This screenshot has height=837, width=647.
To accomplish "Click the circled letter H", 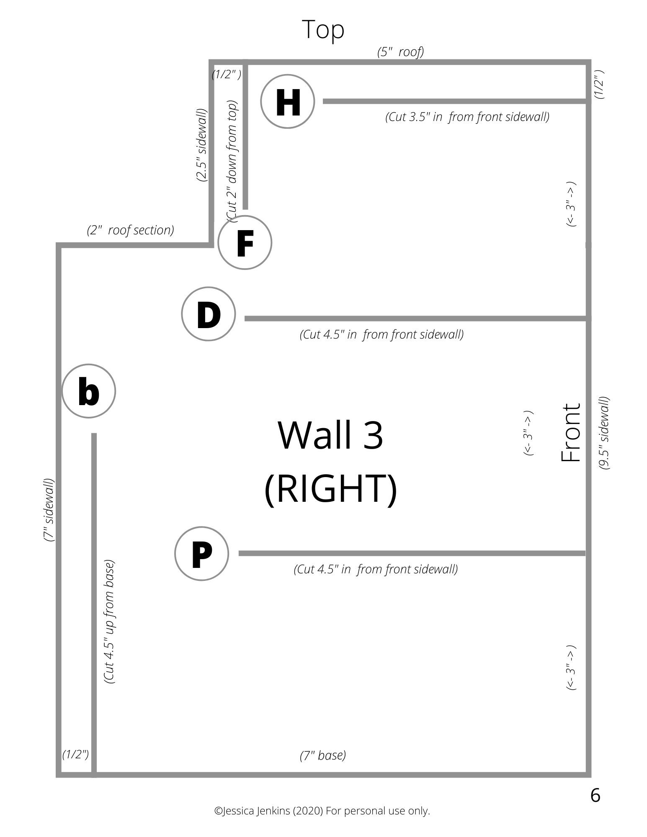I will pyautogui.click(x=287, y=102).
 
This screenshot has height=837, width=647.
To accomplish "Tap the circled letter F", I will pyautogui.click(x=245, y=243).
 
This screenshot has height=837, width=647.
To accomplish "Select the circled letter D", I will pyautogui.click(x=208, y=314).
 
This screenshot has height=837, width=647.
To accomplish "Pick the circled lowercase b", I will pyautogui.click(x=88, y=391).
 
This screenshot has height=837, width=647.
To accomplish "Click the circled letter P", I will pyautogui.click(x=201, y=554).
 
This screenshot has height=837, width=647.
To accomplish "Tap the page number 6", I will pyautogui.click(x=595, y=795).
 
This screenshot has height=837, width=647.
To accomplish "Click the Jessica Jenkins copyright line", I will pyautogui.click(x=322, y=811).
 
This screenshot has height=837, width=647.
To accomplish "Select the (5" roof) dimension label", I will pyautogui.click(x=400, y=52).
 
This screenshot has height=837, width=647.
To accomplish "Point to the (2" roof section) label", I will pyautogui.click(x=130, y=230).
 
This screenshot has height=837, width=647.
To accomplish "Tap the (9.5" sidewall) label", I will pyautogui.click(x=603, y=433).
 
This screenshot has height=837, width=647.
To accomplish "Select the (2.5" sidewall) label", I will pyautogui.click(x=202, y=145).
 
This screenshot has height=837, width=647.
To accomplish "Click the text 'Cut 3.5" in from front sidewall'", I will pyautogui.click(x=467, y=117).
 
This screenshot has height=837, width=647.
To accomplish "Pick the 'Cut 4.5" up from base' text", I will pyautogui.click(x=109, y=621).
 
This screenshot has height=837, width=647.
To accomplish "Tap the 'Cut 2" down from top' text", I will pyautogui.click(x=232, y=161).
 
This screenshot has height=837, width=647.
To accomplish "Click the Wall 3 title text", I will pyautogui.click(x=330, y=435).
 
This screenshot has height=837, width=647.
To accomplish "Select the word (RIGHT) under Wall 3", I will pyautogui.click(x=331, y=488).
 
